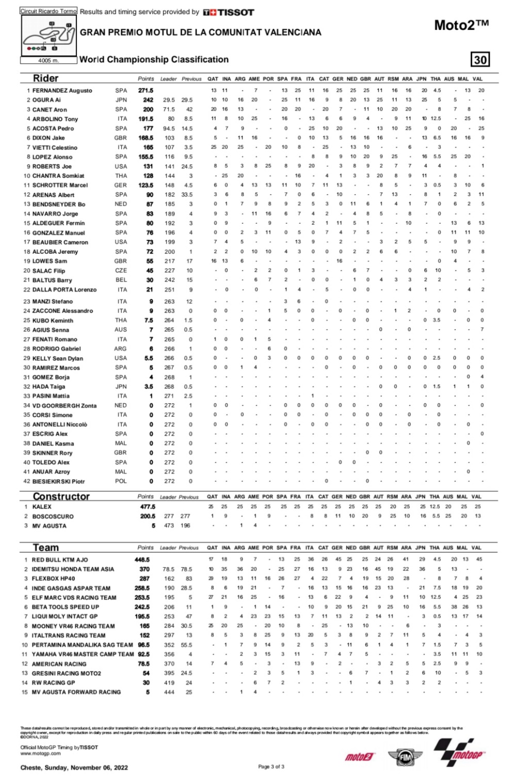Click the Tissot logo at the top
[x=229, y=12]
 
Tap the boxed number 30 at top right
[x=480, y=60]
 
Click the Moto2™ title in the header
[x=461, y=25]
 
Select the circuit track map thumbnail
[x=49, y=36]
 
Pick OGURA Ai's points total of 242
[x=148, y=100]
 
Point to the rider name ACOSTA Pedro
[x=53, y=128]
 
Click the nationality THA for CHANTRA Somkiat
[x=121, y=176]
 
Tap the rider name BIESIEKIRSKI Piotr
[x=58, y=481]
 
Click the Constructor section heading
[x=61, y=497]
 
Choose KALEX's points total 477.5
[x=148, y=507]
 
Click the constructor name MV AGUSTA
[x=49, y=526]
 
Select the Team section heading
[x=45, y=548]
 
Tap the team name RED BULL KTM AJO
[x=60, y=559]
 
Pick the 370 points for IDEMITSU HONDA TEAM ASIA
[x=144, y=569]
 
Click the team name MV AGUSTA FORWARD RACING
[x=76, y=692]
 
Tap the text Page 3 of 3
[x=271, y=767]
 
